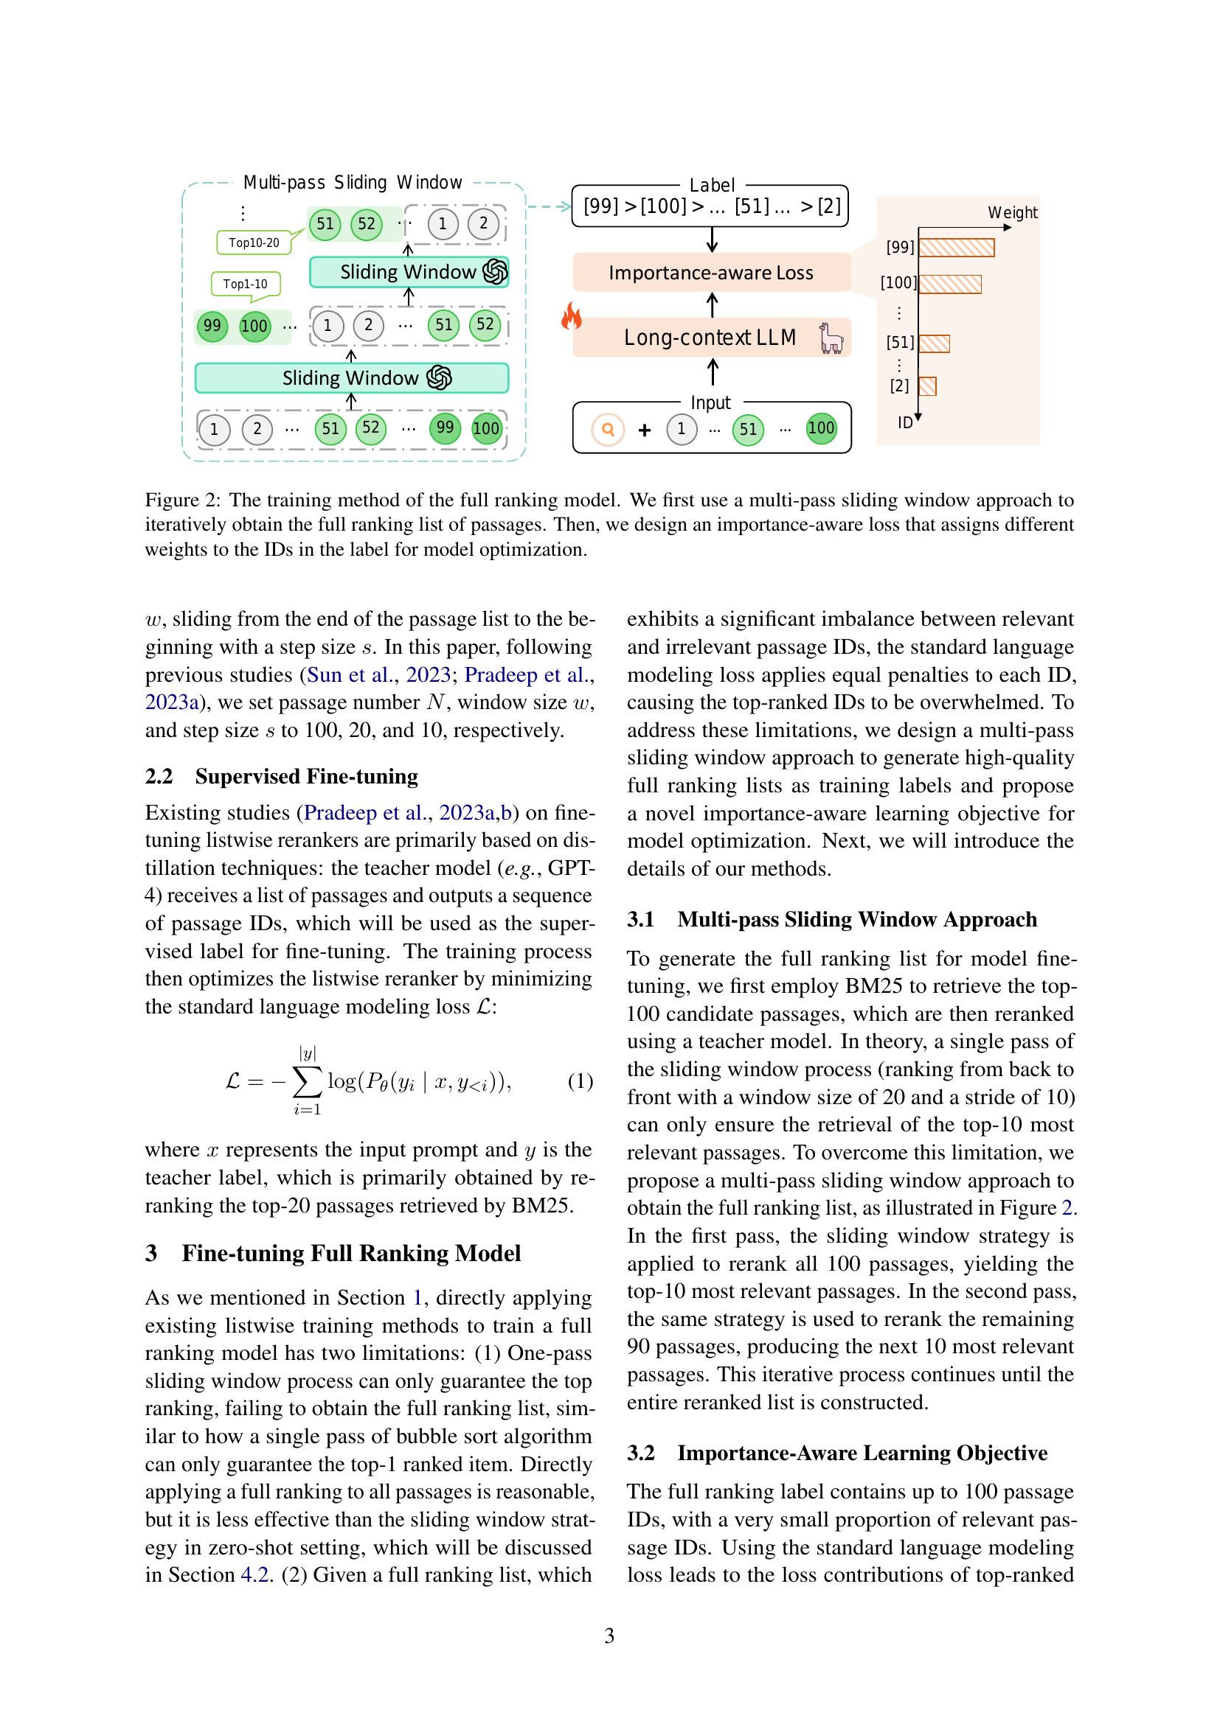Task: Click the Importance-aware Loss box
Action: click(710, 273)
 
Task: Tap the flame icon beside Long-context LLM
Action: click(572, 316)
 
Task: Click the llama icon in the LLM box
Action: click(831, 338)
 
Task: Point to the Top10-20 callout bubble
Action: click(254, 242)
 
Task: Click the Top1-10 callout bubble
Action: click(245, 284)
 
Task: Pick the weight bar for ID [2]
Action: click(927, 386)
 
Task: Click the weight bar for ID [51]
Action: click(934, 344)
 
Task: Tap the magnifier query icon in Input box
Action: click(608, 430)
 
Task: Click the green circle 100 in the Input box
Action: click(820, 429)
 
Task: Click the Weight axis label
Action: click(1012, 212)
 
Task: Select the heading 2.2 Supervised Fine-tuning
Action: click(281, 776)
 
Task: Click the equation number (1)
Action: click(580, 1081)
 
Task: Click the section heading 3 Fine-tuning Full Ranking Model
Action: click(333, 1253)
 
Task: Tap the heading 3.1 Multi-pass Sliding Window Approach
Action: click(831, 920)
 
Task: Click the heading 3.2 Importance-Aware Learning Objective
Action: click(837, 1453)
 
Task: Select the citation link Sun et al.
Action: click(350, 675)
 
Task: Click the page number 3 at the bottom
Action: click(609, 1636)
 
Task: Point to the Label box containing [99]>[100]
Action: click(710, 206)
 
